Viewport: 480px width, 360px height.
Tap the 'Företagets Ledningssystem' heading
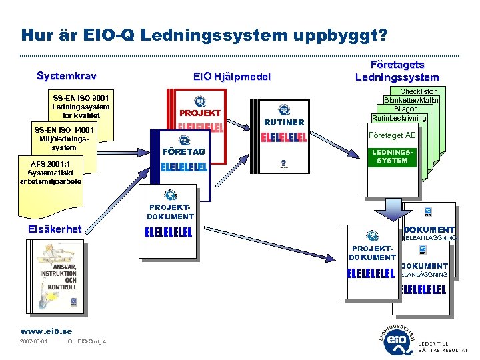click(x=397, y=71)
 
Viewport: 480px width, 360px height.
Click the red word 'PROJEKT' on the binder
click(x=199, y=113)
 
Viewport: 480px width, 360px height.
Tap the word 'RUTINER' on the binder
click(x=284, y=122)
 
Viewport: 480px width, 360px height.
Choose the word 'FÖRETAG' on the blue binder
click(x=184, y=151)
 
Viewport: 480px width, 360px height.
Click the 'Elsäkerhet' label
click(x=55, y=229)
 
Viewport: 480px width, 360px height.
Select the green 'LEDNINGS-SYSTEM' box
click(x=392, y=156)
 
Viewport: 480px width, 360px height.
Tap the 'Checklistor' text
click(x=418, y=91)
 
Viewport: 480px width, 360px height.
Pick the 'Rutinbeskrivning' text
click(x=399, y=117)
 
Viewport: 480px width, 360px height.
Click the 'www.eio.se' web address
click(x=46, y=331)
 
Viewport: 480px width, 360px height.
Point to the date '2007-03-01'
click(x=34, y=342)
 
